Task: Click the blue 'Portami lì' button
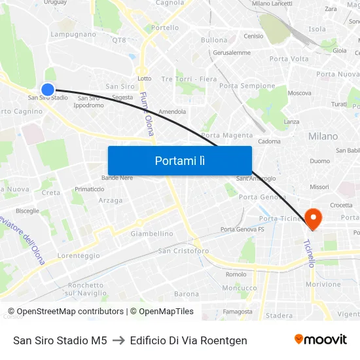point(179,160)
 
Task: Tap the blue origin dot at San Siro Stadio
point(48,89)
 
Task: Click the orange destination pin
point(314,219)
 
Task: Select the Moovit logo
point(320,340)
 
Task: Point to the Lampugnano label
point(73,34)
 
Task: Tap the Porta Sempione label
point(247,86)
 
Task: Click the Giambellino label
point(152,234)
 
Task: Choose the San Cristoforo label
point(183,251)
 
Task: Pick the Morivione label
point(323,285)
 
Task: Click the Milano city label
point(323,136)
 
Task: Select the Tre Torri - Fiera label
point(189,79)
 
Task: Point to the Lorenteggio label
point(79,256)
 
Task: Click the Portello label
point(165,28)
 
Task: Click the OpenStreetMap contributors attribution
point(66,312)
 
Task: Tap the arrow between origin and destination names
point(118,340)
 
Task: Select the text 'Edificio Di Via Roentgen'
point(189,340)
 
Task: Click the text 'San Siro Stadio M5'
point(60,340)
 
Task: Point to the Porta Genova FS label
point(242,229)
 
